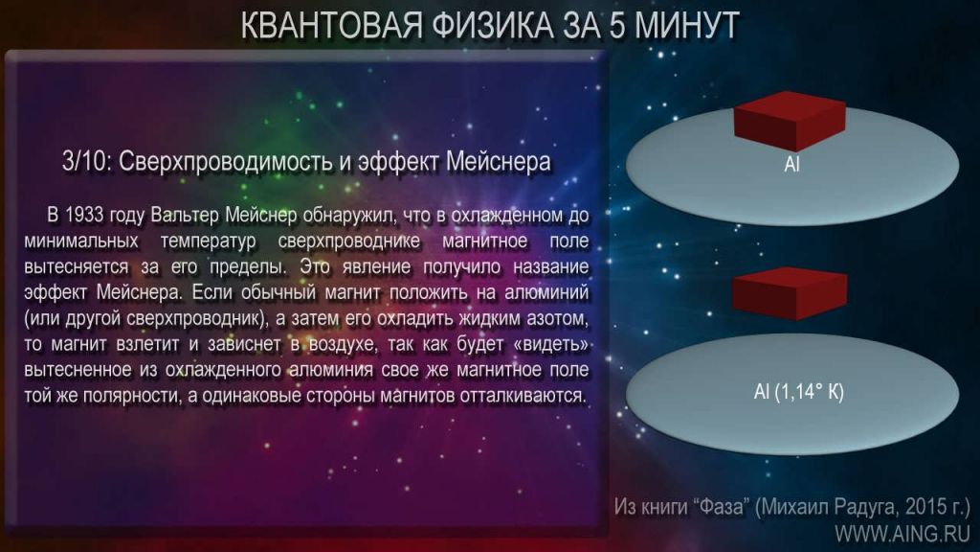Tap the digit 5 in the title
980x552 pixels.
(x=618, y=26)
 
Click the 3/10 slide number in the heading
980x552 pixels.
(x=86, y=161)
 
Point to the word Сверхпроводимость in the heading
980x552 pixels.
(x=226, y=161)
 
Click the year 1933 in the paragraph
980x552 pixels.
(x=84, y=215)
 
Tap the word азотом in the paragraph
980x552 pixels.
(x=557, y=318)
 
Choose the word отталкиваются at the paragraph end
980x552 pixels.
(x=523, y=396)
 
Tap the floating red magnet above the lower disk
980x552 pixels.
(x=790, y=293)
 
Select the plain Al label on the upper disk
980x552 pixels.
(x=791, y=165)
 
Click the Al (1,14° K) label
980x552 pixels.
(x=799, y=392)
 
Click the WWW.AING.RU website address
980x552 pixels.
(x=902, y=534)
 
